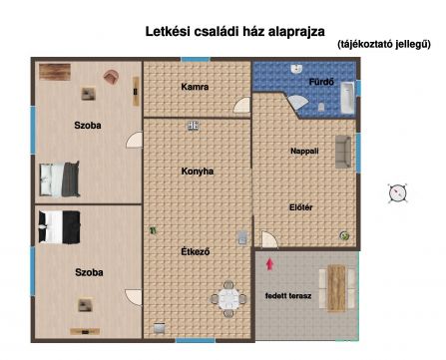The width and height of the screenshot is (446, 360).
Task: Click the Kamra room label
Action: pyautogui.click(x=195, y=87)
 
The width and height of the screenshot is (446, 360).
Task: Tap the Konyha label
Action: pyautogui.click(x=198, y=172)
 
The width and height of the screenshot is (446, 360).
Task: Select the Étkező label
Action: pyautogui.click(x=196, y=251)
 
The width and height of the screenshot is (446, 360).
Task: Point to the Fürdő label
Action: pyautogui.click(x=321, y=82)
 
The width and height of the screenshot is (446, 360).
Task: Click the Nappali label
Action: pyautogui.click(x=304, y=151)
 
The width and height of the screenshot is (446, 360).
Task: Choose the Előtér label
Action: pyautogui.click(x=301, y=207)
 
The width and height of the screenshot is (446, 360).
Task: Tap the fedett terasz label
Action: pyautogui.click(x=288, y=295)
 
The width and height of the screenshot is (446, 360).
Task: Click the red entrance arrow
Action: pyautogui.click(x=270, y=264)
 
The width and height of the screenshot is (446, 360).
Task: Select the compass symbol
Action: pyautogui.click(x=398, y=192)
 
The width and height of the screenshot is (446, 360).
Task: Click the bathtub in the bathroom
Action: pyautogui.click(x=347, y=98)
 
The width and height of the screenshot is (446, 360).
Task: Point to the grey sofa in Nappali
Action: pyautogui.click(x=343, y=152)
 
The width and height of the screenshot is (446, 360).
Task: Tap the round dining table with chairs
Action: pyautogui.click(x=228, y=299)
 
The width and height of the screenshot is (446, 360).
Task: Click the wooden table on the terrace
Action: pyautogui.click(x=336, y=287)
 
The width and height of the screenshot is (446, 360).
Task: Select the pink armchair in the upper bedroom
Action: pyautogui.click(x=111, y=77)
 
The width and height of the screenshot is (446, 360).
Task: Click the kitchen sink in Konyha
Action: pyautogui.click(x=194, y=126)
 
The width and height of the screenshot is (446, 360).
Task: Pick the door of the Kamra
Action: pyautogui.click(x=241, y=105)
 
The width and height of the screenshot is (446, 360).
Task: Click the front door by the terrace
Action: pyautogui.click(x=269, y=239)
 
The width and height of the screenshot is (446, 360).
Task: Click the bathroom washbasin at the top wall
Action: pyautogui.click(x=296, y=69)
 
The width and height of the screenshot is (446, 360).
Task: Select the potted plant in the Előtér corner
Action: pyautogui.click(x=344, y=235)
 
